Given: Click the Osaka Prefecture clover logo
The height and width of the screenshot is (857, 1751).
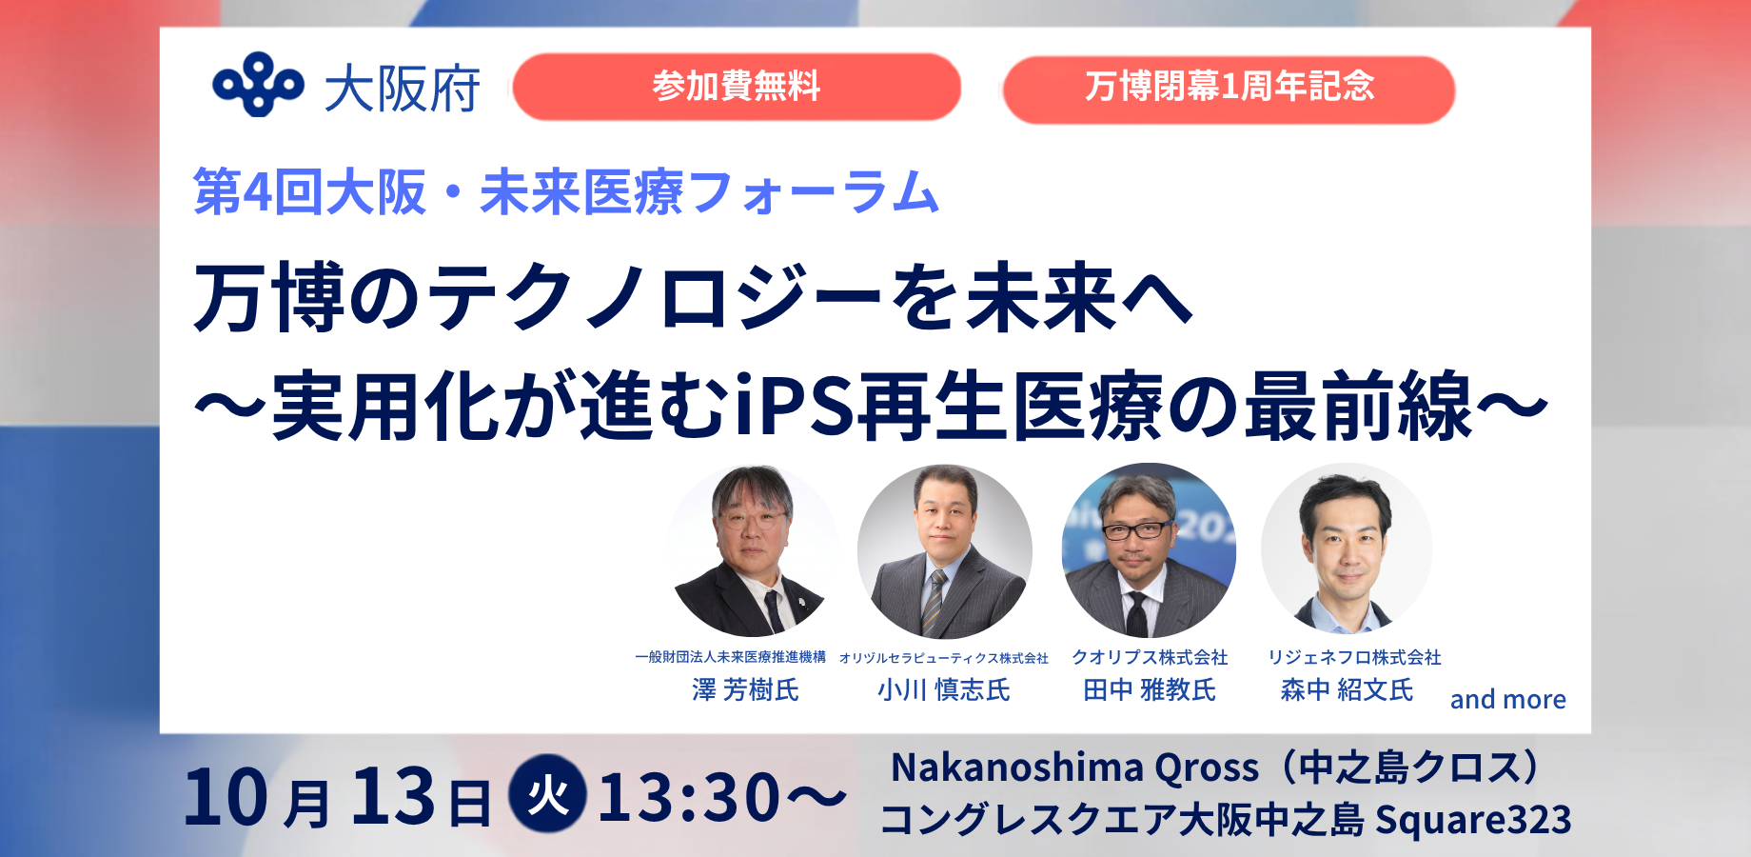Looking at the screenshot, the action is (258, 84).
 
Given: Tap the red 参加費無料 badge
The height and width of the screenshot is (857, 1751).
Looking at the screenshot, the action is (737, 87).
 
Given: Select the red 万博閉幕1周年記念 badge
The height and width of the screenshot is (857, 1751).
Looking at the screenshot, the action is (1229, 89).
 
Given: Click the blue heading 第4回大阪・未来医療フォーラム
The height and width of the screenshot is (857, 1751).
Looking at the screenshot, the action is (566, 191).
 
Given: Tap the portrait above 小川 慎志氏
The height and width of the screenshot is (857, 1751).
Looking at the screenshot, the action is (945, 551).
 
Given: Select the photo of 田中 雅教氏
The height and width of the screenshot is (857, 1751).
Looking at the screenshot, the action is (1149, 550).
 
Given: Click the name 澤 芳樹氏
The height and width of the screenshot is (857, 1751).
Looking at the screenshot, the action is (745, 689).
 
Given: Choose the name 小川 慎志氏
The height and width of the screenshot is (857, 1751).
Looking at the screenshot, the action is (944, 689).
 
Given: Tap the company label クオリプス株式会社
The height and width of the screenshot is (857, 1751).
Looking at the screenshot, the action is (1150, 657).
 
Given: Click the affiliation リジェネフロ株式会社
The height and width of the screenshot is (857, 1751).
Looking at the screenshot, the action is (1354, 657).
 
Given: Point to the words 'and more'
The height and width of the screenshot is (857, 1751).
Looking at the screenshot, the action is (1507, 700).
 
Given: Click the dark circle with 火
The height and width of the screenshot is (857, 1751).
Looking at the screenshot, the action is (548, 793).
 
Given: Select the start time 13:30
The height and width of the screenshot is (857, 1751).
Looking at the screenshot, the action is (689, 797).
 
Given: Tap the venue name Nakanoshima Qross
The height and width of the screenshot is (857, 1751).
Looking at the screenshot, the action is (1074, 767).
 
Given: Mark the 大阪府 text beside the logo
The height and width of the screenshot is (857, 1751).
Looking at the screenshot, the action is (403, 90).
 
